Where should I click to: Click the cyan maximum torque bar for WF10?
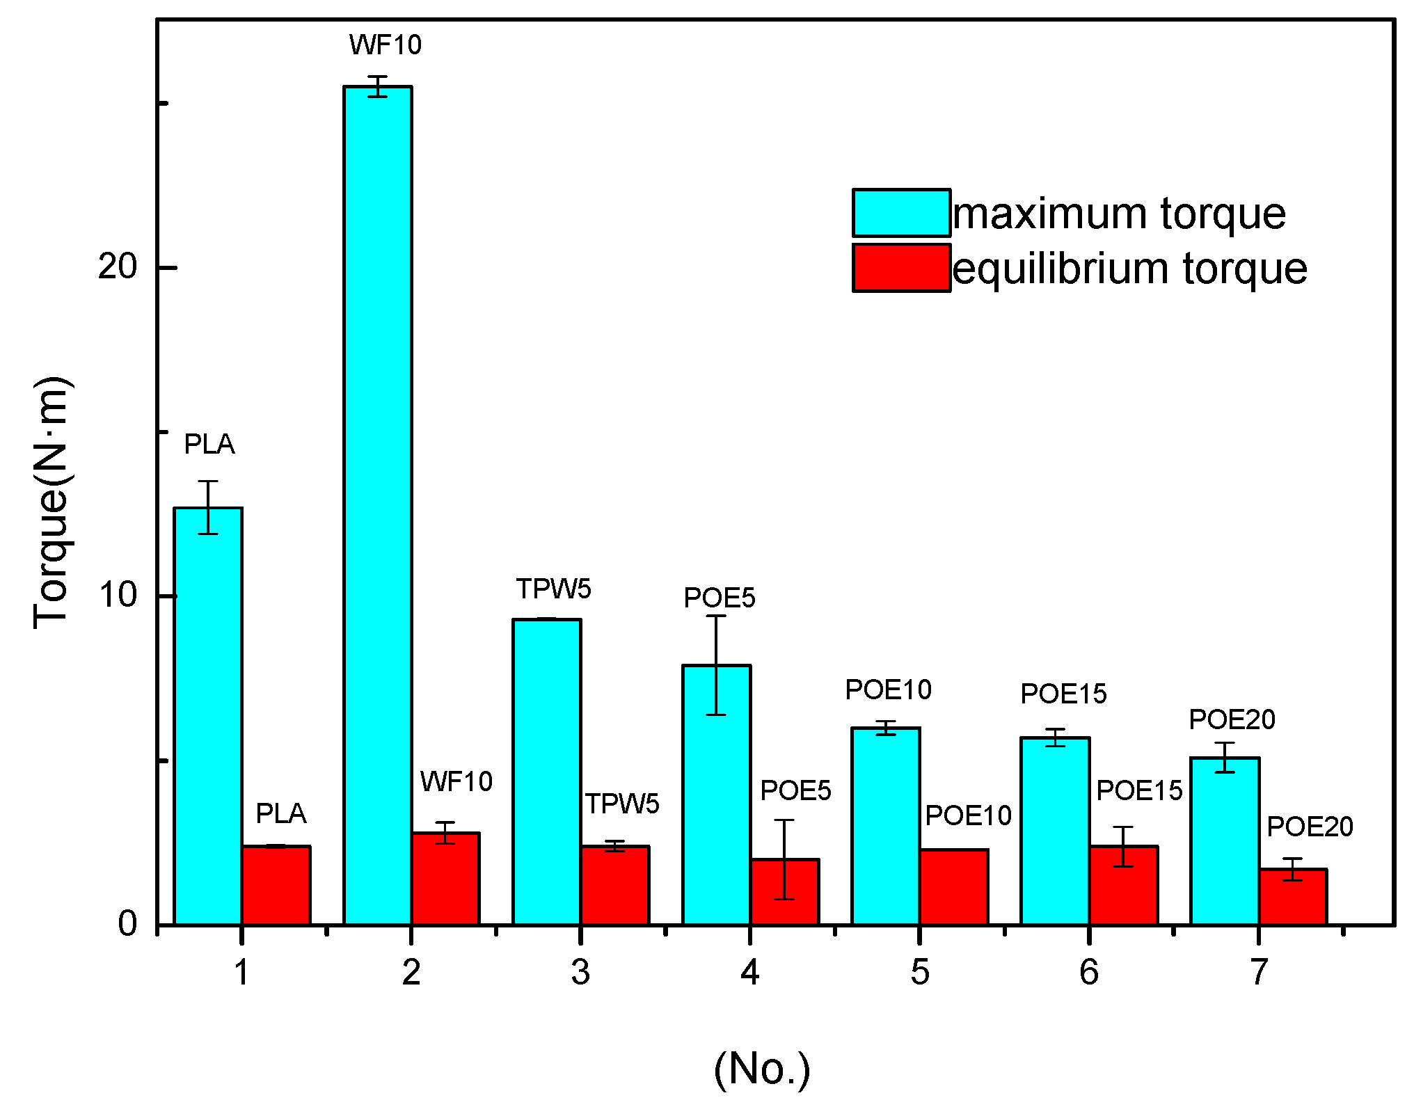[x=378, y=505]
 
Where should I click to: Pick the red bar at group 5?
[x=954, y=886]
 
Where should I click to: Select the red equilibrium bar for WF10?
[x=445, y=878]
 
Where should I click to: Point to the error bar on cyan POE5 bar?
[x=716, y=665]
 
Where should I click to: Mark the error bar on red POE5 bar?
[x=784, y=859]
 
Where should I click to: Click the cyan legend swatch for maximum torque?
[x=901, y=213]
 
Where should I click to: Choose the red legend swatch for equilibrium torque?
[x=901, y=268]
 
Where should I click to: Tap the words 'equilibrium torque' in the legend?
[x=1129, y=269]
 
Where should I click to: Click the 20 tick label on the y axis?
[x=117, y=267]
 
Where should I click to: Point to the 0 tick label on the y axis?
[x=127, y=924]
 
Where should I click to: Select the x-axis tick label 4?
[x=749, y=972]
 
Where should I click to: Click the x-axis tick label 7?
[x=1259, y=972]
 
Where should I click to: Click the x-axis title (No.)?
[x=762, y=1069]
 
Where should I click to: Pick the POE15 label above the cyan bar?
[x=1063, y=694]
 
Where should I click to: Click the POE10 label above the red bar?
[x=968, y=815]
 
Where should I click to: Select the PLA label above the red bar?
[x=280, y=813]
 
